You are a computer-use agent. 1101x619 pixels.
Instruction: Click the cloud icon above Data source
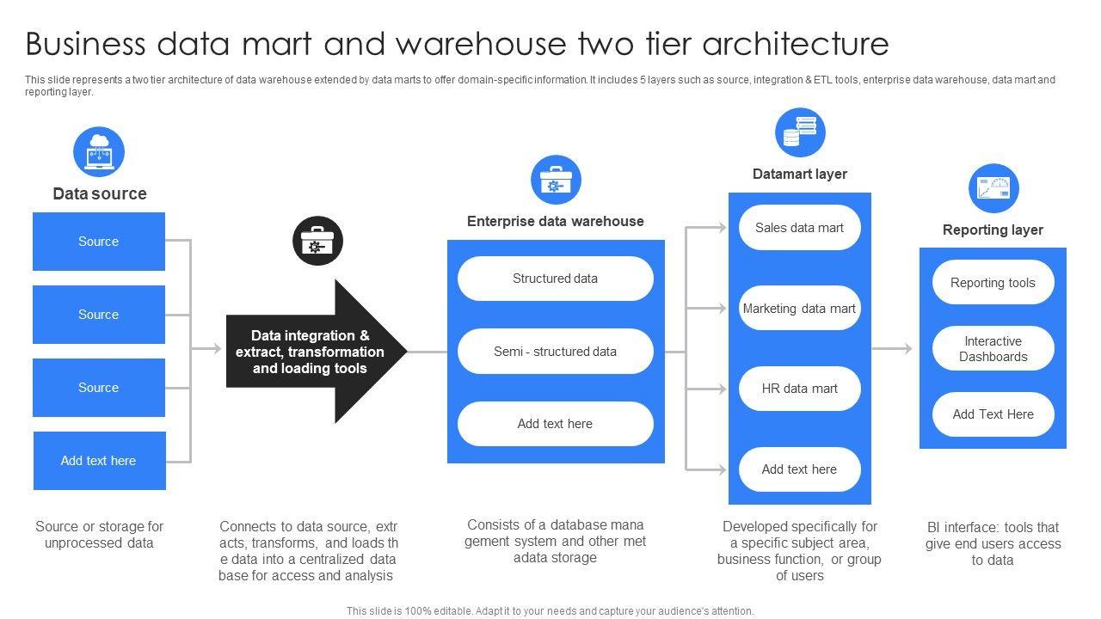click(x=99, y=152)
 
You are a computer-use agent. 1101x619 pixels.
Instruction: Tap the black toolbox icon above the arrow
click(x=317, y=241)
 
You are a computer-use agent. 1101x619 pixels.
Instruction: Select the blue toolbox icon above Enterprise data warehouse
click(x=556, y=181)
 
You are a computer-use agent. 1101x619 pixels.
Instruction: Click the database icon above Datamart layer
click(x=800, y=132)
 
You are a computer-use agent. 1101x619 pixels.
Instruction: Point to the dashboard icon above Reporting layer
click(x=993, y=188)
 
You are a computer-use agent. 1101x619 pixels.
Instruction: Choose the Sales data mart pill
click(x=799, y=228)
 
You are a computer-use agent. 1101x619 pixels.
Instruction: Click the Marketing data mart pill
click(x=799, y=309)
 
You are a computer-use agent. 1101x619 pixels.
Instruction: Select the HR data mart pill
click(x=799, y=389)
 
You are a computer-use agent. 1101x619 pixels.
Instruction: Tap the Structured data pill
click(x=555, y=279)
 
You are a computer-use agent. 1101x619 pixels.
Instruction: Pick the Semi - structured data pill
click(x=555, y=352)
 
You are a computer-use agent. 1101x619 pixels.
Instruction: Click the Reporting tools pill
click(x=993, y=283)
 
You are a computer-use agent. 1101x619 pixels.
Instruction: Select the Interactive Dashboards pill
click(x=993, y=349)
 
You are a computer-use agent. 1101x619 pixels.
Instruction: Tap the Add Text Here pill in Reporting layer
click(x=993, y=414)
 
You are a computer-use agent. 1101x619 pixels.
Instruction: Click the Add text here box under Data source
click(x=99, y=461)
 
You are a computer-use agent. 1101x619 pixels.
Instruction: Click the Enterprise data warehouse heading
click(x=555, y=221)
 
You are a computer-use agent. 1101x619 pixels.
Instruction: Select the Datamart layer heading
click(x=799, y=174)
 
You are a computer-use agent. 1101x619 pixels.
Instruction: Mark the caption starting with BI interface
click(x=993, y=543)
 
